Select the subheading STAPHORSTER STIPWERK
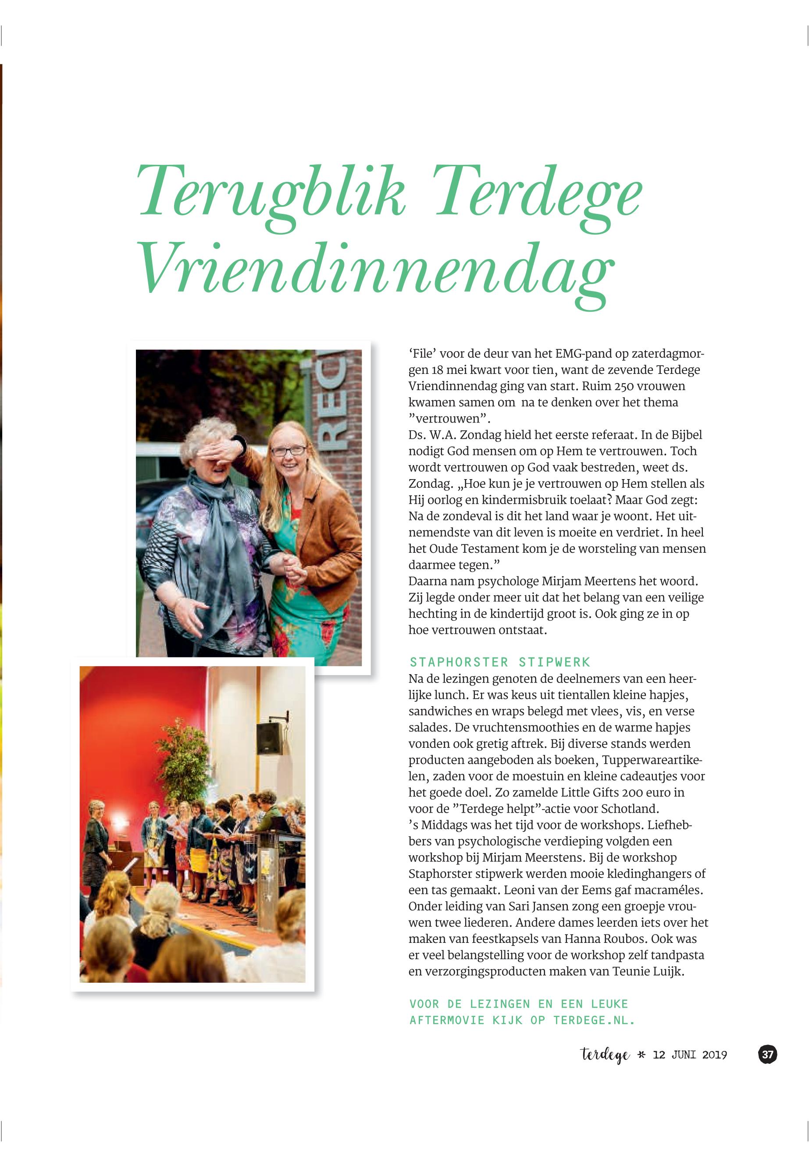click(x=500, y=662)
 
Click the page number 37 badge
click(x=767, y=1055)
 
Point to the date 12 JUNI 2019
click(x=690, y=1055)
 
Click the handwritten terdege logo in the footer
click(x=605, y=1055)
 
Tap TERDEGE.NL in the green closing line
click(x=594, y=1020)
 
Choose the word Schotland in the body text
click(x=634, y=808)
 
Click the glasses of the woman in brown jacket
click(x=289, y=449)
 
